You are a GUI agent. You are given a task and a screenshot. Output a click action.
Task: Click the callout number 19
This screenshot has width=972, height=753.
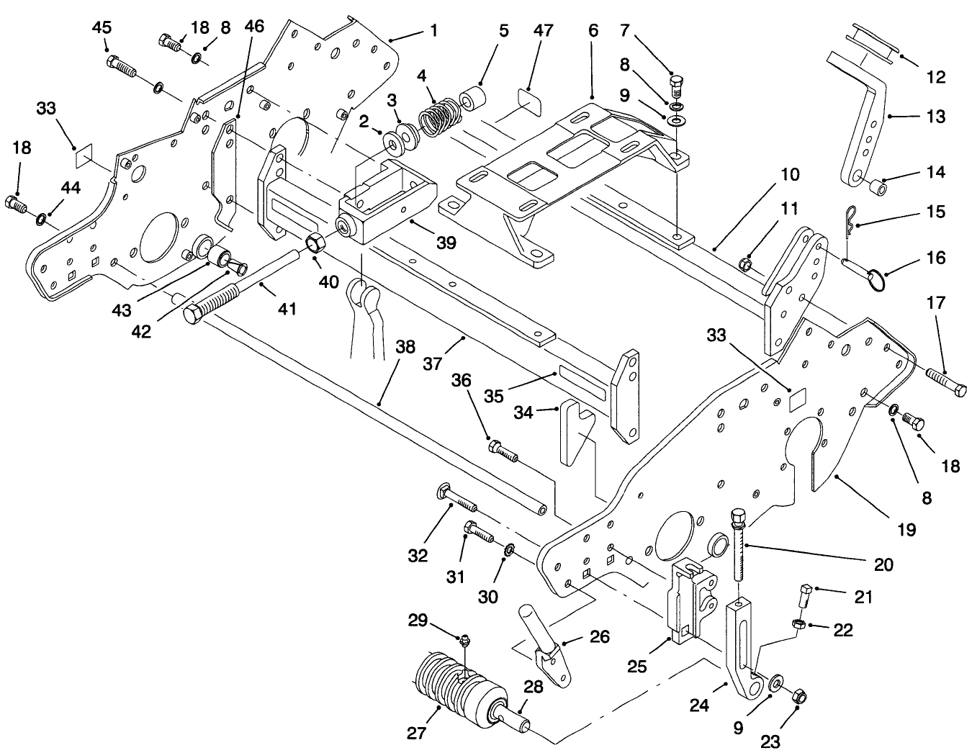point(906,530)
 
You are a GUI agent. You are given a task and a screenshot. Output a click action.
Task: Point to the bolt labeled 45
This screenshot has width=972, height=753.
point(122,67)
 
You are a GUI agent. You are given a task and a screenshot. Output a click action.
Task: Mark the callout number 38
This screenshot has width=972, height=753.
point(405,346)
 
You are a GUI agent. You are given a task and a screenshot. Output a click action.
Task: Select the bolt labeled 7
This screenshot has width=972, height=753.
point(676,89)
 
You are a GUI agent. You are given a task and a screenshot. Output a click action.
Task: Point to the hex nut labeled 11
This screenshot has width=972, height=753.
point(748,266)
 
